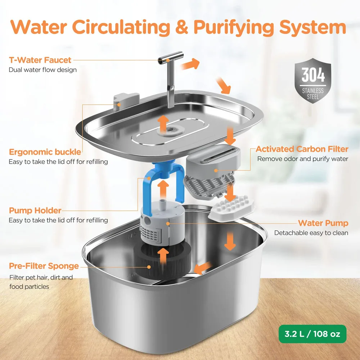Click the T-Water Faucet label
coord(40,60)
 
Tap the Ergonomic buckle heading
coord(45,152)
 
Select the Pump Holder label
coord(35,210)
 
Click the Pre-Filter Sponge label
coord(44,266)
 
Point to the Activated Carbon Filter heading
coord(302,149)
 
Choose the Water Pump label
coord(323,223)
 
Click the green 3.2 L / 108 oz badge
coord(312,334)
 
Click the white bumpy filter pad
coord(232,210)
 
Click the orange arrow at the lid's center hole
coord(164,123)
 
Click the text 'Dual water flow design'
coord(42,69)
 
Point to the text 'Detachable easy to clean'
coord(311,233)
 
